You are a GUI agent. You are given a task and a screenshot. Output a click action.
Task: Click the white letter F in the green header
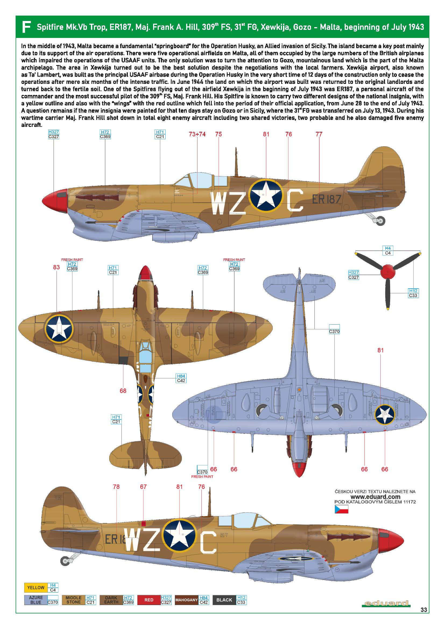tap(26, 27)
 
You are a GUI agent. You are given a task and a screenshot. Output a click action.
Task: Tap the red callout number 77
tap(319, 134)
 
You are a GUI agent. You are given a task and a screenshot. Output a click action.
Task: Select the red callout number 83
tap(56, 267)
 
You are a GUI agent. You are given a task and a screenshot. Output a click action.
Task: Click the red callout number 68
tap(123, 391)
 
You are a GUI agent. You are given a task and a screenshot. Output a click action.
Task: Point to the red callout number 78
tap(116, 486)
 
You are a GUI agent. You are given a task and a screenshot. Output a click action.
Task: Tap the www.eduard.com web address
tap(375, 497)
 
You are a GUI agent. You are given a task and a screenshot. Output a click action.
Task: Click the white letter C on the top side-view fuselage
tap(295, 200)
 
